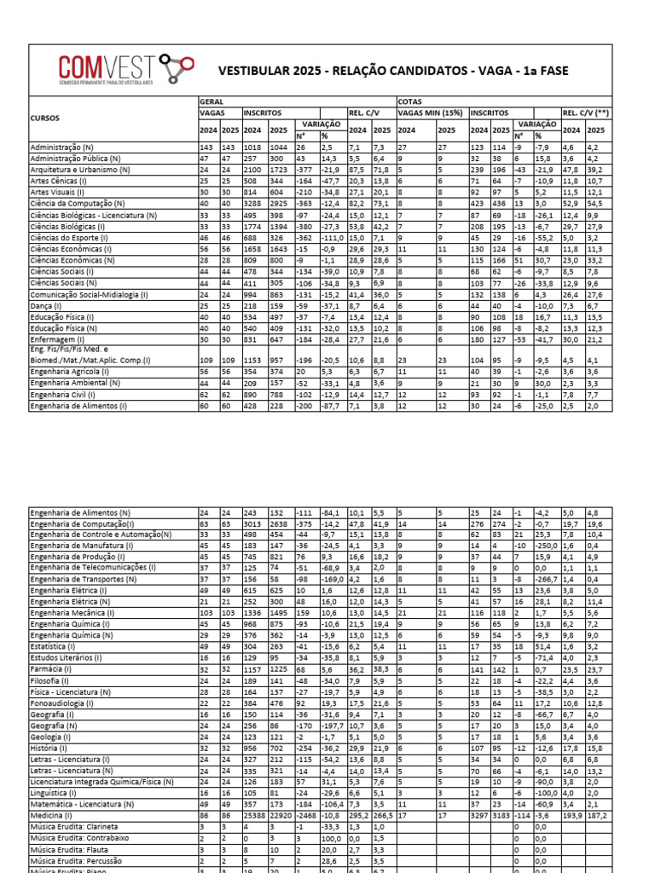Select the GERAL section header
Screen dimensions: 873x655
pos(211,101)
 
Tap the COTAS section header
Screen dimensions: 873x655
pos(410,101)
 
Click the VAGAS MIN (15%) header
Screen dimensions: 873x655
pos(432,113)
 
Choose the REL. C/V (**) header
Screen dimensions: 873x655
pos(583,113)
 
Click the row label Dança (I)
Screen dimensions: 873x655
pos(46,305)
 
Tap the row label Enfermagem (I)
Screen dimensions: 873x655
pos(57,338)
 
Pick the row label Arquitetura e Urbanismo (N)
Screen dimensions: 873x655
pos(80,170)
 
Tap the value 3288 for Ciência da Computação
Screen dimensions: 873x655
pos(252,204)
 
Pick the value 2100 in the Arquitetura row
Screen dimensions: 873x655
pos(252,170)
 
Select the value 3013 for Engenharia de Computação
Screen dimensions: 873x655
pos(252,523)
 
